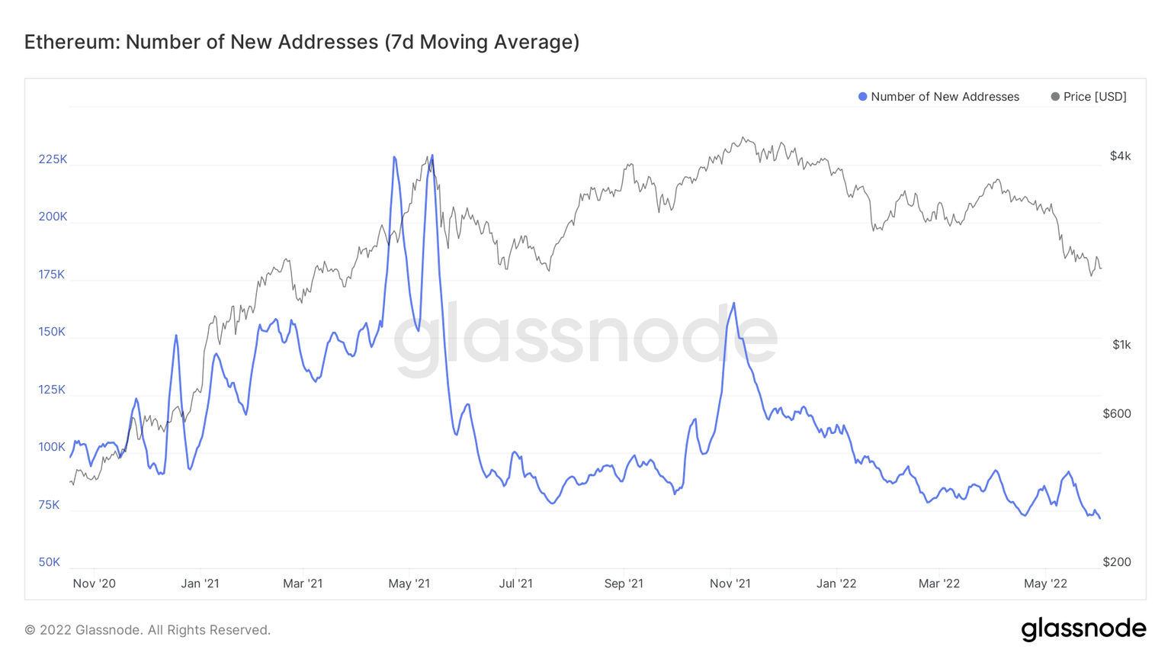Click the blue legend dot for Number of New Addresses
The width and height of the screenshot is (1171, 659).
coord(862,97)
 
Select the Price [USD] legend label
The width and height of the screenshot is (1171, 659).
coord(1094,97)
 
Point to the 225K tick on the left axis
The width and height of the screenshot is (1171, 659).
coord(53,159)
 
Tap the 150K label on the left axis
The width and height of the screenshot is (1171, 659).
coord(53,332)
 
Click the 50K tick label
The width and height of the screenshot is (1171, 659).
coord(50,562)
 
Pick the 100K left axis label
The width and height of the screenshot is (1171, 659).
coord(53,447)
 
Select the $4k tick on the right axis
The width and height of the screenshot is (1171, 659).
coord(1120,156)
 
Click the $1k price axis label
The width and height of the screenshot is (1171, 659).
coord(1121,345)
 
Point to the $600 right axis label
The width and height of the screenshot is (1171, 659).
coord(1117,413)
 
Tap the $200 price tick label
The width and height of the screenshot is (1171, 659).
coord(1117,562)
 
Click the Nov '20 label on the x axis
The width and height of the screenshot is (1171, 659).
coord(94,583)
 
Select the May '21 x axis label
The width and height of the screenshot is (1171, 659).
coord(409,583)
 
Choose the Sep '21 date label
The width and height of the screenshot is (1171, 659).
coord(624,583)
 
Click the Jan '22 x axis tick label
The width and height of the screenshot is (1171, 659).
coord(836,583)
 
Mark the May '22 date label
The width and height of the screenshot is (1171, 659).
coord(1045,583)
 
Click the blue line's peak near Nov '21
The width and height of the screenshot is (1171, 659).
coord(734,304)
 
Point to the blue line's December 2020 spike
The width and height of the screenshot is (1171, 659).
coord(176,336)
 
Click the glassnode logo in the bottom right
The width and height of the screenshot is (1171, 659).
coord(1083,629)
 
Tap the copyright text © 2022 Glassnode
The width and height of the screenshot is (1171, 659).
coord(147,630)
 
